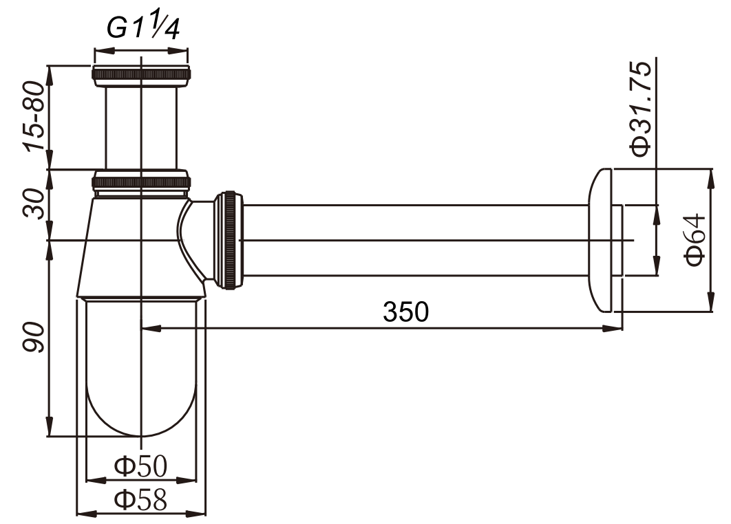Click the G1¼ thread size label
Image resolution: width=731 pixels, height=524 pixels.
pos(142,28)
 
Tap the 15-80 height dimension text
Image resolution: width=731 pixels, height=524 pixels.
pos(36,116)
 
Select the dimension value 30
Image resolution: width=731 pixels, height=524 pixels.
pos(35,204)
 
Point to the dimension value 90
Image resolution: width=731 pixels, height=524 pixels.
pos(35,337)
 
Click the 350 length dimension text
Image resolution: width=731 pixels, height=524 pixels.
pos(405,312)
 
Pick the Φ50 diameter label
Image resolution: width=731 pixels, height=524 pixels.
pos(140,466)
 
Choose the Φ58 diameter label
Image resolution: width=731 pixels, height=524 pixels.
pos(140,500)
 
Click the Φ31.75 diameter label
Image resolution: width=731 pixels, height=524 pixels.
pos(640,108)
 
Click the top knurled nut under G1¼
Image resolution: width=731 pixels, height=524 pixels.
pos(141,76)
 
